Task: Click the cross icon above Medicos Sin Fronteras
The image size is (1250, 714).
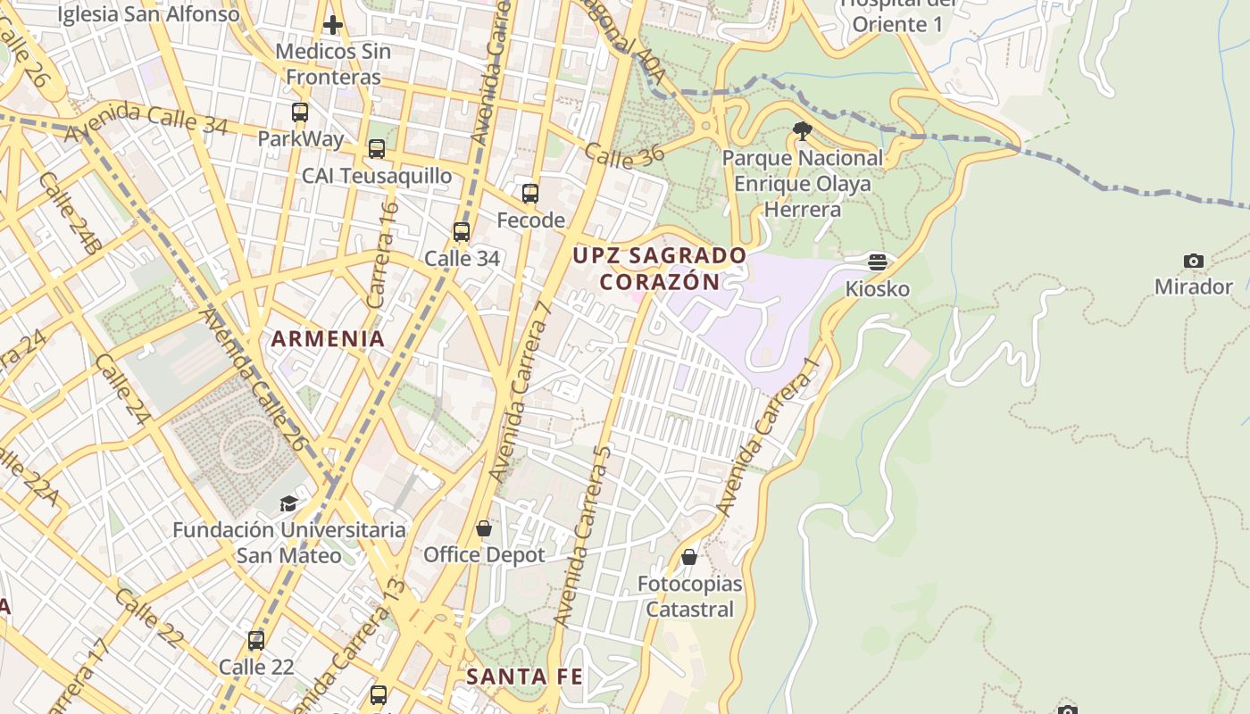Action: pos(333,25)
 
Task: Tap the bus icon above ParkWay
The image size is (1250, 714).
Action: pos(300,112)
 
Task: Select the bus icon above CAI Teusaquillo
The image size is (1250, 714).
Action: pos(377,149)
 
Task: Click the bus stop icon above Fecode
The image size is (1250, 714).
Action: pos(530,194)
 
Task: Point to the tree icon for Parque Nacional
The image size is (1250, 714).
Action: pos(802,132)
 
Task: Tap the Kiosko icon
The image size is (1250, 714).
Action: pos(878,262)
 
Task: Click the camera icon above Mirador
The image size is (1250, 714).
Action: pos(1193,262)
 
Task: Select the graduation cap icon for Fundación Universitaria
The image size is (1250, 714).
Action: pos(288,504)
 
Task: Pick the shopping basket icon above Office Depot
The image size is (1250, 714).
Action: pos(484,529)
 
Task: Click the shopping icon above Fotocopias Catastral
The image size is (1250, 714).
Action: pos(689,558)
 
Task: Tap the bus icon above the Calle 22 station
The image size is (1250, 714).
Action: pos(256,641)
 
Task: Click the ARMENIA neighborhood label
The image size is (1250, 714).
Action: pos(328,339)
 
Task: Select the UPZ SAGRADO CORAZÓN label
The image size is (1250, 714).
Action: pos(659,269)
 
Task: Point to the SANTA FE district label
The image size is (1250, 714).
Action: pos(524,677)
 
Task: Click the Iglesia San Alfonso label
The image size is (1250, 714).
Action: pos(148,14)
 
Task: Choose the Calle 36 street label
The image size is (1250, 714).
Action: pos(624,154)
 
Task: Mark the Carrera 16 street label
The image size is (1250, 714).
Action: pos(382,255)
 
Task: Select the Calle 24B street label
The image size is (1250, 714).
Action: pos(68,213)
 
